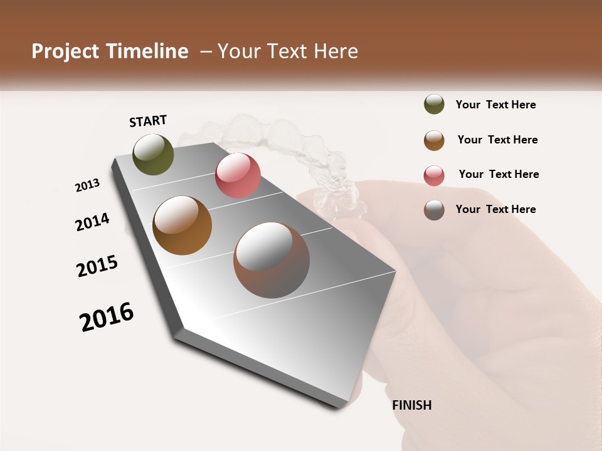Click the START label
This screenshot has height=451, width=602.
click(x=148, y=121)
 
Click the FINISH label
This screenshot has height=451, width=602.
click(x=411, y=405)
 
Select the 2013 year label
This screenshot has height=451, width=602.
click(x=88, y=185)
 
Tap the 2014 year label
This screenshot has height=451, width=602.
click(x=93, y=222)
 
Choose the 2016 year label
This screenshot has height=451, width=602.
click(x=107, y=317)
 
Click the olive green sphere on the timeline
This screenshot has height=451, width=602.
click(x=153, y=154)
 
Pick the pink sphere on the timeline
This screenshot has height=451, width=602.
click(x=238, y=175)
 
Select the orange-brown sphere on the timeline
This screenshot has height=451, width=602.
click(x=182, y=225)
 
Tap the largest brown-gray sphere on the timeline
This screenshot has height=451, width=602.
click(x=271, y=260)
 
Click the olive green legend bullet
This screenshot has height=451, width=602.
click(x=434, y=105)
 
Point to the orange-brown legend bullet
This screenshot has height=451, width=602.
click(x=434, y=140)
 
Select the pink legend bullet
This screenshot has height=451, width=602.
click(x=434, y=175)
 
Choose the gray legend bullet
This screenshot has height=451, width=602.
click(x=434, y=210)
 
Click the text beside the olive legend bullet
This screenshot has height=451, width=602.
click(x=495, y=105)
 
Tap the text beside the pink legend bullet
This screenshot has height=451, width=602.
click(x=499, y=174)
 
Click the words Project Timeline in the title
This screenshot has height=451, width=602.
click(x=110, y=51)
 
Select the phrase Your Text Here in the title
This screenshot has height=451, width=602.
click(x=287, y=51)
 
